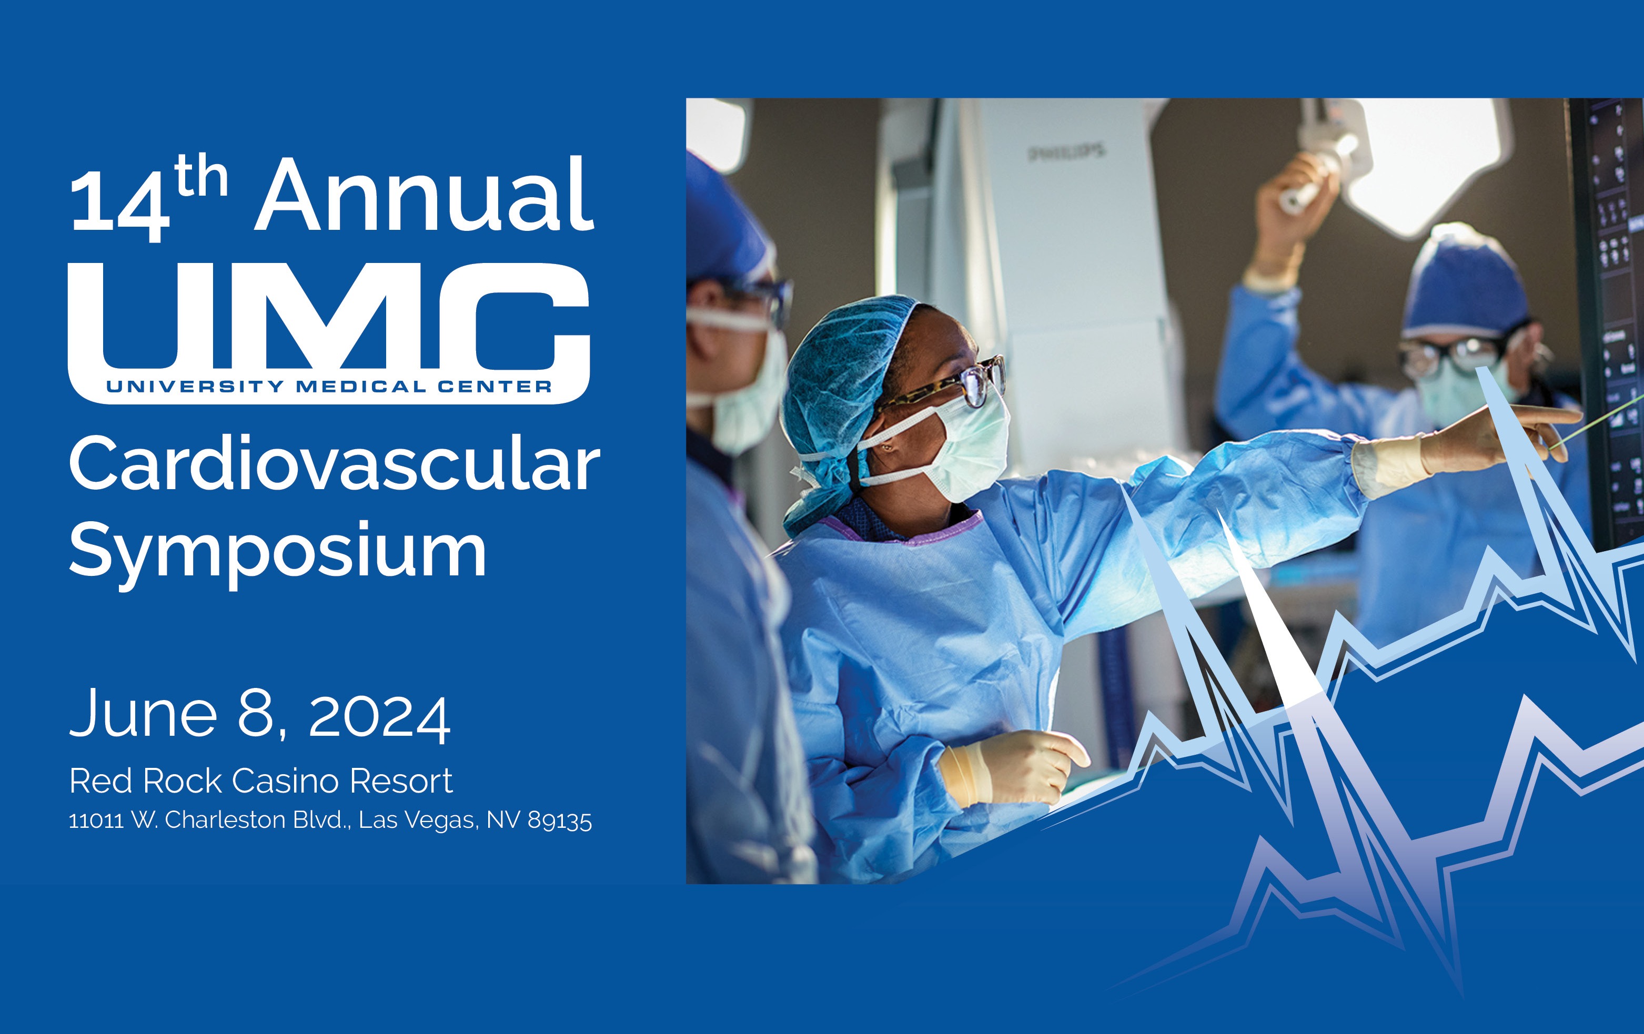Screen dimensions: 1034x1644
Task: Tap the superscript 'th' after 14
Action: tap(200, 177)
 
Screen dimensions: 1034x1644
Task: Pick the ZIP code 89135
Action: tap(559, 820)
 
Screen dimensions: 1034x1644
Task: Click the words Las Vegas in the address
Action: tap(418, 820)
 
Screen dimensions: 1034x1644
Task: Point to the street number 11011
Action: tap(96, 820)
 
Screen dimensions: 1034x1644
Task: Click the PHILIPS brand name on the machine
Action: tap(1065, 152)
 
